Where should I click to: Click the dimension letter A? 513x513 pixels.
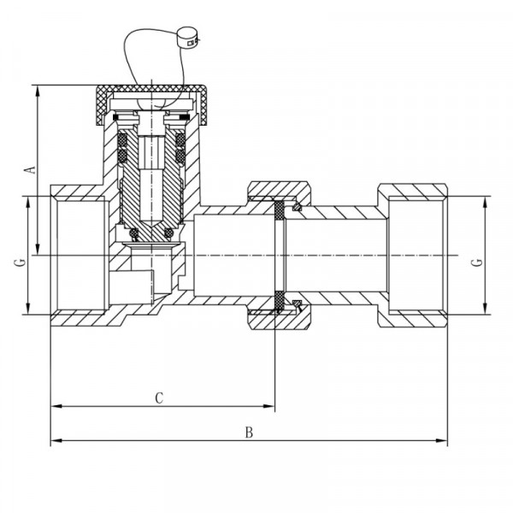pos(31,170)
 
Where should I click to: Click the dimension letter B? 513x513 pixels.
pos(249,433)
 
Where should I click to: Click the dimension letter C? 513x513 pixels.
pos(159,398)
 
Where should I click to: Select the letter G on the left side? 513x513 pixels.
pos(20,262)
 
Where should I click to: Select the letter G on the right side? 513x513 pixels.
pos(478,262)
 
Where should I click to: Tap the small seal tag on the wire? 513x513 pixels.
pos(188,38)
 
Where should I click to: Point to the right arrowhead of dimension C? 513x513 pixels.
pos(269,406)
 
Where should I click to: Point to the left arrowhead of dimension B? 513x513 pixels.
pos(56,440)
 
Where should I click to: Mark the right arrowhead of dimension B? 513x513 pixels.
pos(442,440)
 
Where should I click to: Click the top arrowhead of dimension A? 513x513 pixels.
pos(38,91)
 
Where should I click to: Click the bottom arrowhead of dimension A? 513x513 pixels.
pos(38,250)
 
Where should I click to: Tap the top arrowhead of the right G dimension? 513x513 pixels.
pos(485,202)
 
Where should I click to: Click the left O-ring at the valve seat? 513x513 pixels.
pos(134,233)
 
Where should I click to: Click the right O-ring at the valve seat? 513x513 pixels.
pos(168,233)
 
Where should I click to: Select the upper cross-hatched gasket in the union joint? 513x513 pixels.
pos(279,210)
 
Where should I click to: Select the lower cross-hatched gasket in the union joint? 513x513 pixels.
pos(279,300)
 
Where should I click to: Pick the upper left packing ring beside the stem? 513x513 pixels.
pos(122,140)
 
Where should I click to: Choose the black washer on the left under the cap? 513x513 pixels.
pos(115,117)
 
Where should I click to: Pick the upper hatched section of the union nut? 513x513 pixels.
pos(279,191)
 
